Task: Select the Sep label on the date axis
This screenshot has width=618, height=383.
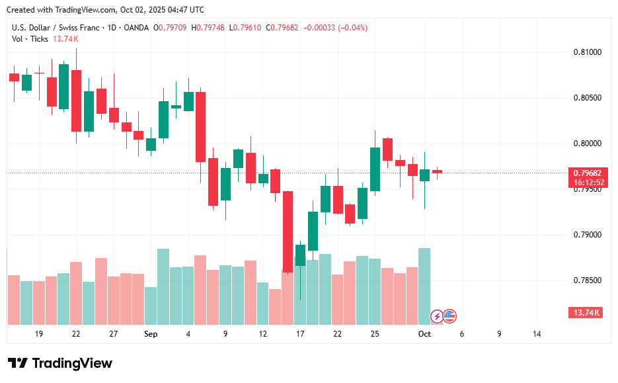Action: [150, 334]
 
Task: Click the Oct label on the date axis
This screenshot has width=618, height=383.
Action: [424, 334]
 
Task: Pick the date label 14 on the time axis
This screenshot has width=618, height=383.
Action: [536, 334]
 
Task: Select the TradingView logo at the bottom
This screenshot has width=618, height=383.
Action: [60, 363]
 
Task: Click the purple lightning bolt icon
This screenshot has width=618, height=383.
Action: [436, 316]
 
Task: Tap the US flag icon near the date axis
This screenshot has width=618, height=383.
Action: [449, 316]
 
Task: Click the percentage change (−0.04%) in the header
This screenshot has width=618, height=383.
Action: [351, 28]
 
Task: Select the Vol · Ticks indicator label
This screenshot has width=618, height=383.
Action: [30, 39]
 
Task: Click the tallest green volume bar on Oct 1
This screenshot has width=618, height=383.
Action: [424, 284]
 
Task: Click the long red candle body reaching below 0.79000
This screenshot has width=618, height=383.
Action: [288, 232]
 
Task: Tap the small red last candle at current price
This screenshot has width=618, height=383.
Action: [437, 172]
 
